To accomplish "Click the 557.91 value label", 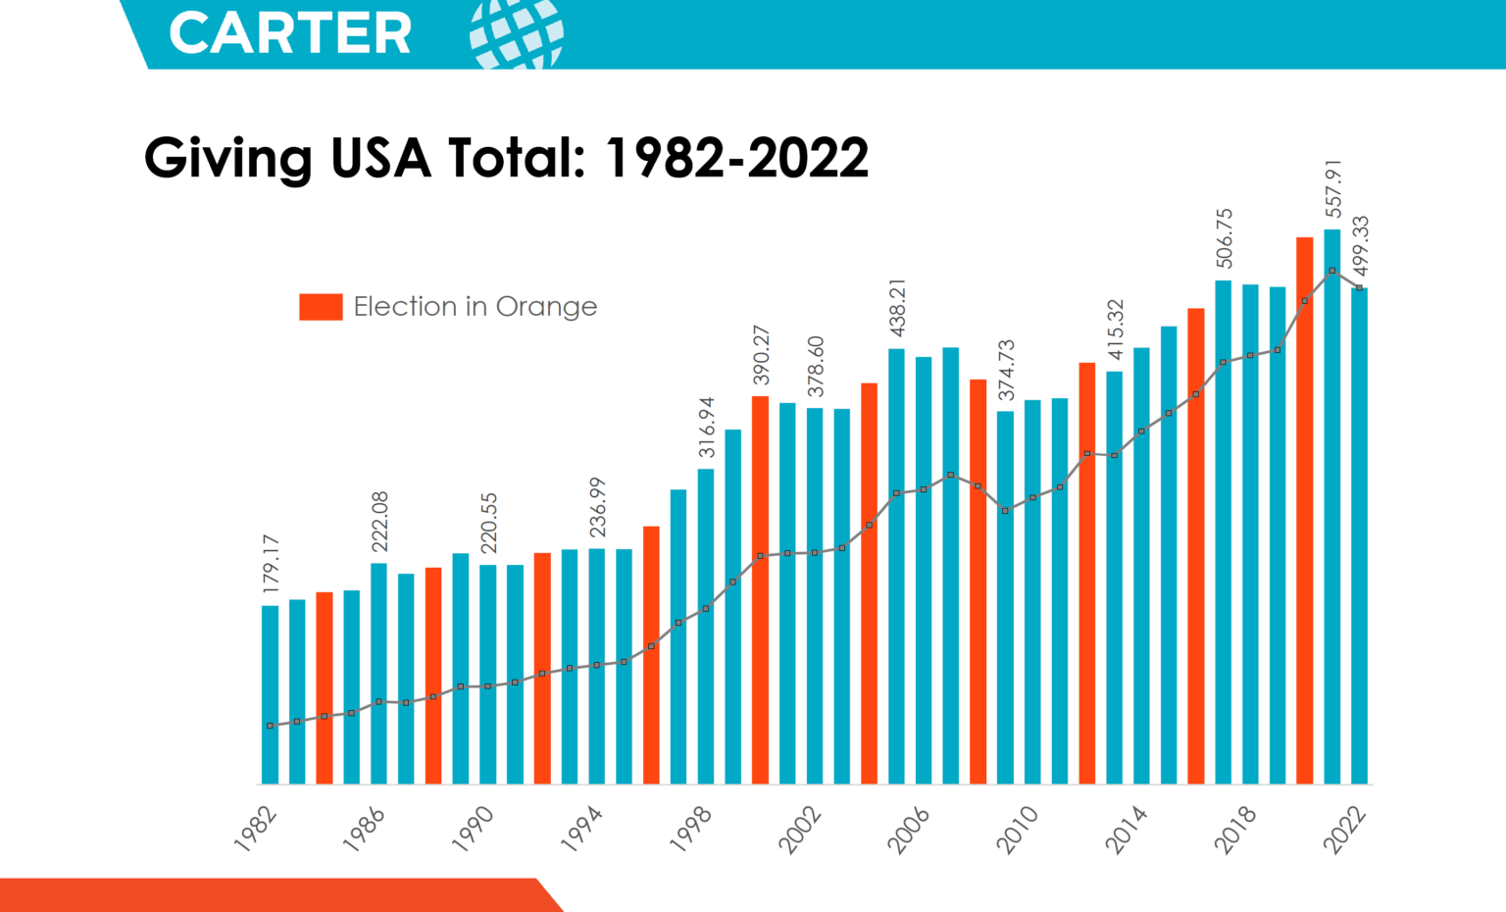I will [x=1333, y=188].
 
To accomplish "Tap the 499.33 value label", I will [x=1361, y=246].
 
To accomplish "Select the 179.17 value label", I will [x=272, y=564].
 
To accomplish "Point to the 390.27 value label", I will [x=762, y=355].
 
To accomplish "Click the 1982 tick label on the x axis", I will [x=257, y=830].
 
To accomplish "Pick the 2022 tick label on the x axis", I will [x=1345, y=830].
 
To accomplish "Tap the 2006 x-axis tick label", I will [x=909, y=830].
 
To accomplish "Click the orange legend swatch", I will [x=321, y=307].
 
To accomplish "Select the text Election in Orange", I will [x=475, y=307].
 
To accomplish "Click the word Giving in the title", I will [x=227, y=157].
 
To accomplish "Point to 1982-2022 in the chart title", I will [x=737, y=157].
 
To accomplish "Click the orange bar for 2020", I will [x=1305, y=510].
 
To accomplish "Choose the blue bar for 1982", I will [x=270, y=695].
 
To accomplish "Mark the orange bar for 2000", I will [x=760, y=589].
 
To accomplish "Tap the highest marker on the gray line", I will [x=1332, y=271].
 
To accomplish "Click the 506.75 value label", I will [x=1225, y=237].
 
